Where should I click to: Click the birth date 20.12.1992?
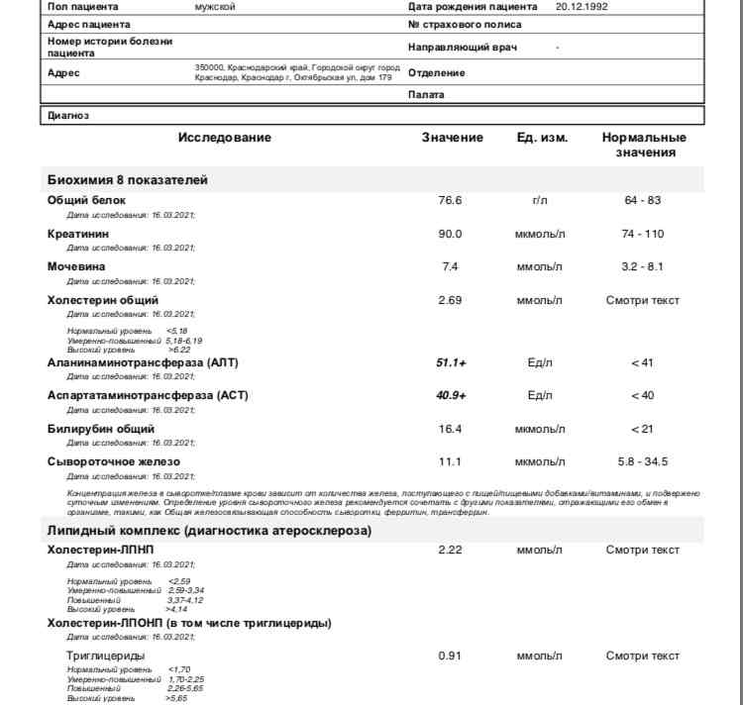tap(582, 6)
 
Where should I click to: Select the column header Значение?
tap(453, 138)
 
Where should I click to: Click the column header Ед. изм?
tap(542, 138)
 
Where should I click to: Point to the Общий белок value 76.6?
tap(450, 200)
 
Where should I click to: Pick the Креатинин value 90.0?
tap(450, 234)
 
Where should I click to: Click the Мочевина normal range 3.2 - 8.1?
tap(642, 266)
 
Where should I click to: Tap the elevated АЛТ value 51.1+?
tap(451, 363)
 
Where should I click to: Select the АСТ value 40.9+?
tap(451, 396)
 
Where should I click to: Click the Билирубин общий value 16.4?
tap(450, 429)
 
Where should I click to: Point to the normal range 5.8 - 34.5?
tap(642, 461)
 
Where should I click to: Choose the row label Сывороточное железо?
tap(114, 461)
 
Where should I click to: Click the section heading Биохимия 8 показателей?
tap(128, 180)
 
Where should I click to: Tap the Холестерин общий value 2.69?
tap(450, 300)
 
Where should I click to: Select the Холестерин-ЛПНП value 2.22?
tap(450, 550)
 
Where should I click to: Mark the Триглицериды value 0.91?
tap(450, 655)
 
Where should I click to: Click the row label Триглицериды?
tap(105, 655)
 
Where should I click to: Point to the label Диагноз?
tap(68, 116)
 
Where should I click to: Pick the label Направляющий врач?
tap(462, 47)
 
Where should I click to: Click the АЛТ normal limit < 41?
tap(642, 363)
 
